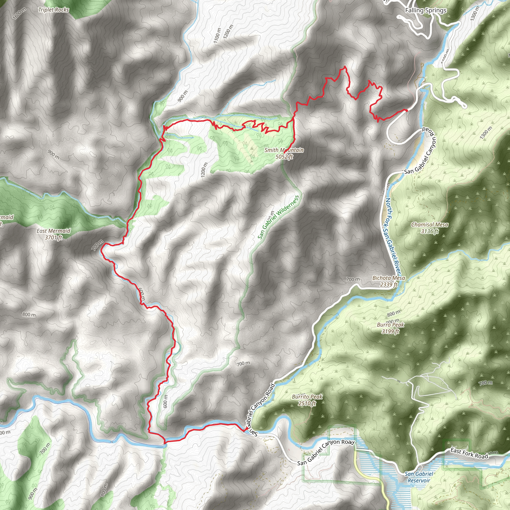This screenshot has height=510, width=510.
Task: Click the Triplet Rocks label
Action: (54, 10)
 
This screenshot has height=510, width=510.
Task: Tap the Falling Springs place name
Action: (426, 10)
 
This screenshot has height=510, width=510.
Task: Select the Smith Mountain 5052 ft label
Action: (284, 153)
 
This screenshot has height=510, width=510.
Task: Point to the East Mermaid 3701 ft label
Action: (53, 234)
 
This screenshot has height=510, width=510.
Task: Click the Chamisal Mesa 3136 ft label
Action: (430, 228)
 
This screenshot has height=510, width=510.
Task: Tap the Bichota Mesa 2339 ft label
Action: (388, 281)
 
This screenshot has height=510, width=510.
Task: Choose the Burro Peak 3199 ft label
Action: (390, 328)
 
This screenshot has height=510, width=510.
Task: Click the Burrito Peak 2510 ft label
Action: (307, 400)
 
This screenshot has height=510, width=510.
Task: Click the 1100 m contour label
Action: (217, 36)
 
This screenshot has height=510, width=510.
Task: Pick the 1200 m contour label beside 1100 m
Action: (228, 32)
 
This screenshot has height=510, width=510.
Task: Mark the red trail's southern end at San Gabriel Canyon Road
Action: (244, 431)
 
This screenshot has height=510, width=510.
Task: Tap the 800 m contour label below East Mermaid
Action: (29, 315)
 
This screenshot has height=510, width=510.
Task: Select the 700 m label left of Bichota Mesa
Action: (353, 279)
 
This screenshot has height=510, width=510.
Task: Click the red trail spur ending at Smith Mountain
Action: (284, 153)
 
